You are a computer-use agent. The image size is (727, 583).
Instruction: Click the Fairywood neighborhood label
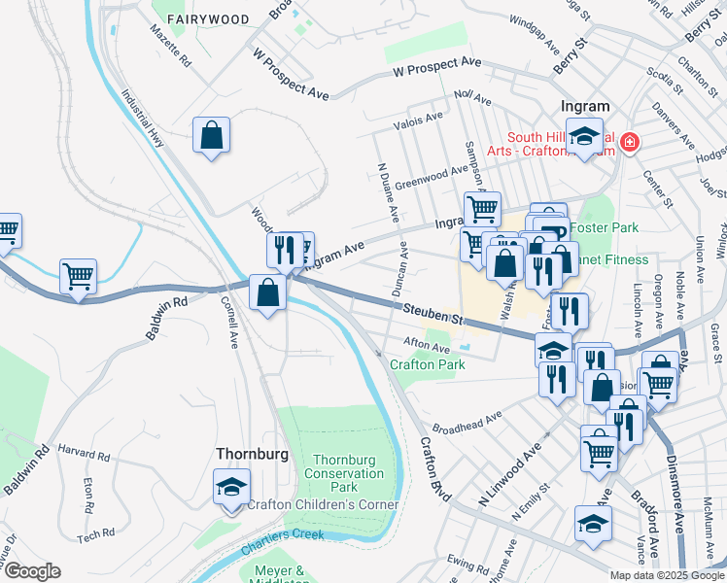pos(207,19)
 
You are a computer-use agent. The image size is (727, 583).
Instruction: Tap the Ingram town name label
pos(585,106)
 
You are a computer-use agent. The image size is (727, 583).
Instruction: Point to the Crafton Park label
pos(427,364)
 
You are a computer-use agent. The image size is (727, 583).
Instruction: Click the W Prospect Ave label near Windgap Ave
pos(437,67)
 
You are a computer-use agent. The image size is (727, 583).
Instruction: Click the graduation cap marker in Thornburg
pos(232,487)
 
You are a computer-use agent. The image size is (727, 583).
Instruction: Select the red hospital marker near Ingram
pos(630,143)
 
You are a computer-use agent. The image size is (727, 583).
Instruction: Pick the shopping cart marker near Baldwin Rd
pos(78,275)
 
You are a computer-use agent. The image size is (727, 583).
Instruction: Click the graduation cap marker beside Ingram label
pos(585,136)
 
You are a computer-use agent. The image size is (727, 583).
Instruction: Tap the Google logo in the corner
pos(31,571)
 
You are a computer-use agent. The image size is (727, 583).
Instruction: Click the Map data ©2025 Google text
pos(666,574)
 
